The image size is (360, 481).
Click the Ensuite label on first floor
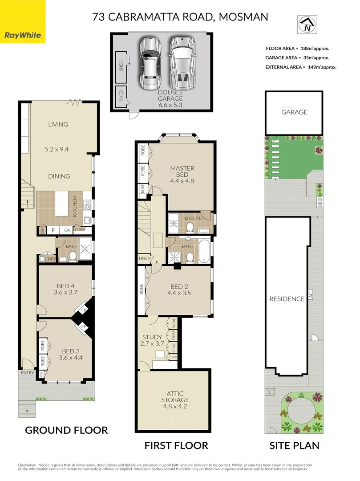193,218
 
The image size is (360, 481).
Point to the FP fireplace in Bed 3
83,326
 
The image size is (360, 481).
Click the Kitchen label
75,207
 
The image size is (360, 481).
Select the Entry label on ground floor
27,373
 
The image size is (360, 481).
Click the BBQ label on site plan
320,202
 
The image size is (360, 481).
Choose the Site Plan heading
294,445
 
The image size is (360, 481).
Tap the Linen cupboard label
144,258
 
